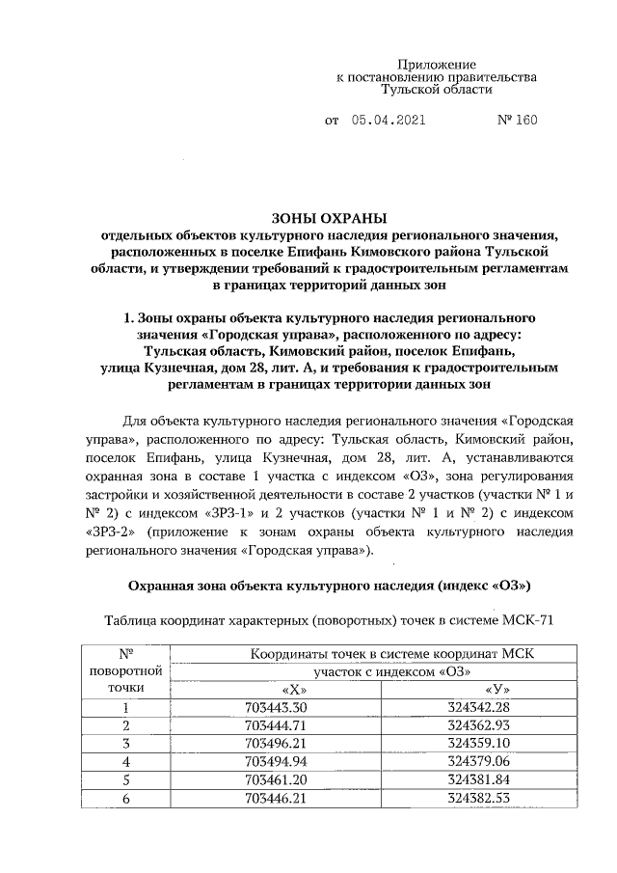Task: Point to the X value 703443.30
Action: click(x=276, y=708)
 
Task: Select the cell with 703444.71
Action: click(x=276, y=725)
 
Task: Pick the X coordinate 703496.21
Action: click(x=276, y=743)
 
